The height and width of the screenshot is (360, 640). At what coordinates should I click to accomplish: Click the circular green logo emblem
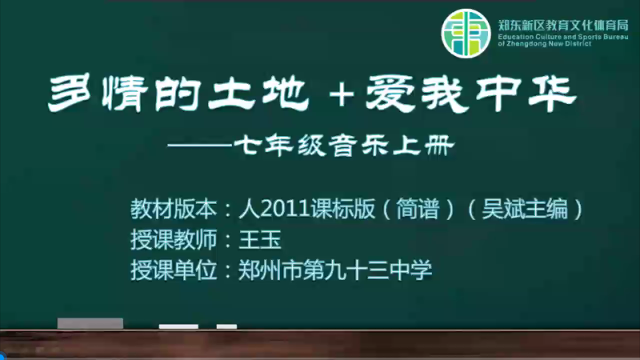466,34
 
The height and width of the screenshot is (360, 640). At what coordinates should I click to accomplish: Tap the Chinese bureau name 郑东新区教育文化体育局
563,26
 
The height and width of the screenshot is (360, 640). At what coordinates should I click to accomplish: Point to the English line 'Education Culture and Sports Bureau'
563,37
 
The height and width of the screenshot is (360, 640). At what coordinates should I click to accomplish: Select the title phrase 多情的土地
178,94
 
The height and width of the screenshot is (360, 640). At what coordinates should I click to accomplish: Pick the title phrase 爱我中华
470,94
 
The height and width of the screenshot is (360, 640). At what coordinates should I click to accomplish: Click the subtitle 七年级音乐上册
344,146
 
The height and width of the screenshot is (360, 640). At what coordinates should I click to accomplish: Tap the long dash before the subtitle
200,146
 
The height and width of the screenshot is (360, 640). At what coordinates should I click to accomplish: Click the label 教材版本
174,210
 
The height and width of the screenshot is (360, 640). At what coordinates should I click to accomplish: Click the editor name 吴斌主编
525,210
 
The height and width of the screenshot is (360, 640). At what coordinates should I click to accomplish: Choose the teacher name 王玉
260,239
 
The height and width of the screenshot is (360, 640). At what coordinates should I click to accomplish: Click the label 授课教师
174,239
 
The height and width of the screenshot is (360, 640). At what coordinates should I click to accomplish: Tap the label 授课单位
174,270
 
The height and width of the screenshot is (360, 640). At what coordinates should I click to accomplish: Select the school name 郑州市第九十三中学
335,270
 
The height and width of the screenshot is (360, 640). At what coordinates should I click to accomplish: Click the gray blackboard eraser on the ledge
90,323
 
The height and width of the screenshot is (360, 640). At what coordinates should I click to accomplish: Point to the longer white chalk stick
178,326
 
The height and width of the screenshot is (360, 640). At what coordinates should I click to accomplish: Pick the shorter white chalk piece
226,326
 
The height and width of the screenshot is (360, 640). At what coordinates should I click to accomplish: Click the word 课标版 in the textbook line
342,210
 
